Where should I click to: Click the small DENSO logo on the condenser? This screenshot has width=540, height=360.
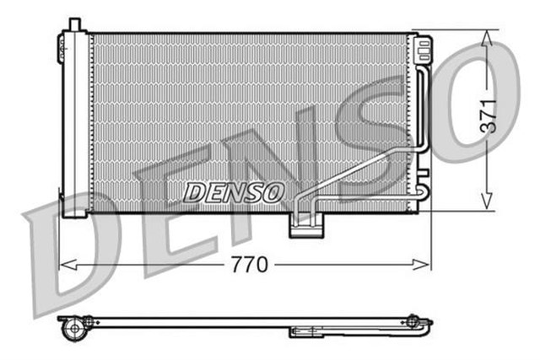(233, 191)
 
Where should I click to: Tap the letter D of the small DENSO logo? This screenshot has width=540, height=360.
(192, 192)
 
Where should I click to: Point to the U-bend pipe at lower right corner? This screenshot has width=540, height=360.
(423, 199)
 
